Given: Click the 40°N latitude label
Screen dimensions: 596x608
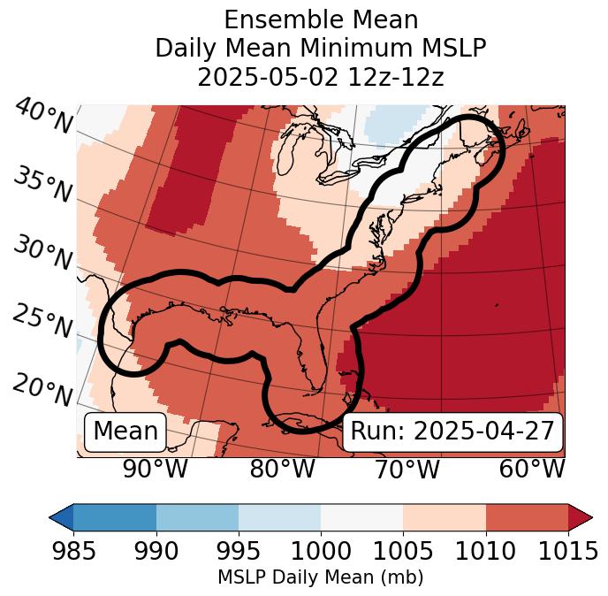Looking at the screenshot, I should click(x=43, y=117).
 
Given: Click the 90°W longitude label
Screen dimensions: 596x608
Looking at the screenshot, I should click(x=155, y=469).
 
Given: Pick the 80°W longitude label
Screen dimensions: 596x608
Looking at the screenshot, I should click(x=282, y=469).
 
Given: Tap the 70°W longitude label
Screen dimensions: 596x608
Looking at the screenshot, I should click(x=407, y=469).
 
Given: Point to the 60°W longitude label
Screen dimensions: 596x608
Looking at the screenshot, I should click(x=532, y=469).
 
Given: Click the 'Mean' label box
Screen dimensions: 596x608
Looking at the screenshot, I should click(x=125, y=432).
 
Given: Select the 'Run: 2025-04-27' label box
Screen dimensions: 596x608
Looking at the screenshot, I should click(x=452, y=432).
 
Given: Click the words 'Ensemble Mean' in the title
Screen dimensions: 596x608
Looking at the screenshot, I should click(x=321, y=19).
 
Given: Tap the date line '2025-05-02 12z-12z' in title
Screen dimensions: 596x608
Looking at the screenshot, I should click(x=321, y=77).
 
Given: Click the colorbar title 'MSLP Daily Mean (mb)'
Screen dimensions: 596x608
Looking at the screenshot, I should click(x=321, y=577).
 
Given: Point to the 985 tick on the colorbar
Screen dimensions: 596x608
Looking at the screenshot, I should click(x=73, y=551).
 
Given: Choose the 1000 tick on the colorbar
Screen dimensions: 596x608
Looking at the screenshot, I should click(x=321, y=551).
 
